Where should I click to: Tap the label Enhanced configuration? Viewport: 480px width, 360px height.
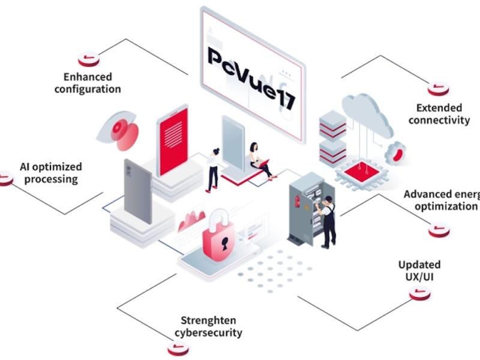point(88,83)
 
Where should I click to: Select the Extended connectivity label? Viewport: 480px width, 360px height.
point(439,114)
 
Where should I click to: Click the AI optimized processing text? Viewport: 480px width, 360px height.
point(51,173)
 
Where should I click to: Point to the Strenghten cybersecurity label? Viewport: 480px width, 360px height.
point(208,326)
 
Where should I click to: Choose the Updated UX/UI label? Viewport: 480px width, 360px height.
point(419,271)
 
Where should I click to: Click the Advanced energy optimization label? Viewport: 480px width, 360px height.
point(442,200)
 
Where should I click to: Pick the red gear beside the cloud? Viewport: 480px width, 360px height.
point(395,153)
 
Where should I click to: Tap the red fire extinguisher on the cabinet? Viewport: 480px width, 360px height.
point(296,202)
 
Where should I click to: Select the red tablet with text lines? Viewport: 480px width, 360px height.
point(172,141)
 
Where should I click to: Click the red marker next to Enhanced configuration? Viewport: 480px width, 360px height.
point(89,59)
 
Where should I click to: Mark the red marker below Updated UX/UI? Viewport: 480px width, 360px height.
point(420,293)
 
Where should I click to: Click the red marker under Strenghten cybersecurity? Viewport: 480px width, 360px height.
point(178,349)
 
